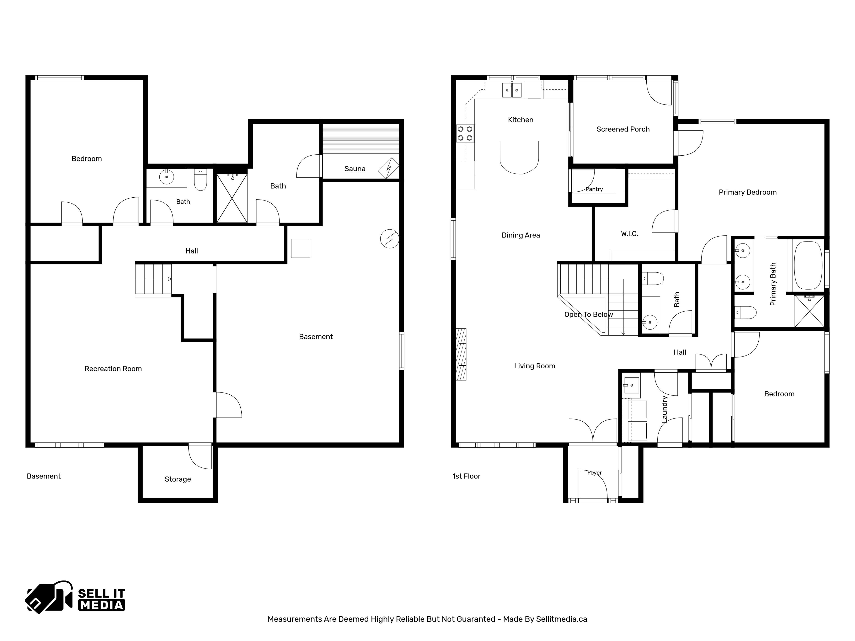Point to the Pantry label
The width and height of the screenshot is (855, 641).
[x=594, y=189]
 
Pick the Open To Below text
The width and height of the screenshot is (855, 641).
[x=589, y=314]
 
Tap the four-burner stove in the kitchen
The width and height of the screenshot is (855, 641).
[x=465, y=133]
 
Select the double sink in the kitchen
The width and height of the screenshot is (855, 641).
[x=512, y=90]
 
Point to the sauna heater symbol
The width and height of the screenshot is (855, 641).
[x=389, y=168]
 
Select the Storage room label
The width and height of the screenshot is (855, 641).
[x=178, y=479]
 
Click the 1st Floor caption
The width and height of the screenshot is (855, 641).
[x=466, y=476]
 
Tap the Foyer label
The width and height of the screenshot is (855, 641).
[x=594, y=473]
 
